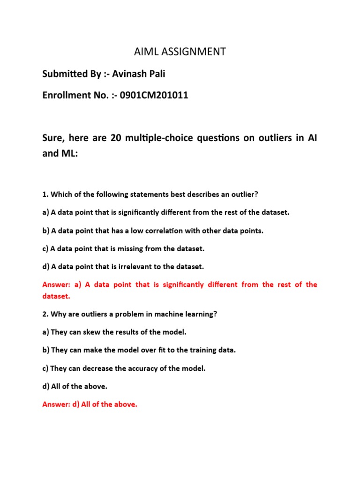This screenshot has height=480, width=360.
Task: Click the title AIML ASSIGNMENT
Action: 180,52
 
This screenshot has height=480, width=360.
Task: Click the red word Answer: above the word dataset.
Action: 55,285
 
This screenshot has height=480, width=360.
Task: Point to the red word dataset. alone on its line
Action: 56,296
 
